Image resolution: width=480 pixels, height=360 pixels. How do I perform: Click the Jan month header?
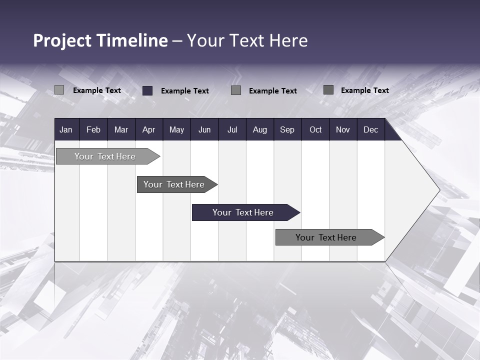tap(66, 129)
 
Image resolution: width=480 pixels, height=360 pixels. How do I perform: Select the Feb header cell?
tap(93, 129)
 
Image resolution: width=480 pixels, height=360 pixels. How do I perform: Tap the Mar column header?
tap(121, 129)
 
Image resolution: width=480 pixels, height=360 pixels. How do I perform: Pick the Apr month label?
tap(148, 129)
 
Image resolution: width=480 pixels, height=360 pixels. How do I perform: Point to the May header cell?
tap(176, 129)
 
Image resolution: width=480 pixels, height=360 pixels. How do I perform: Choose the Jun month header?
tap(204, 129)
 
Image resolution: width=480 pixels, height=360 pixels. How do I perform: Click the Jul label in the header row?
tap(232, 129)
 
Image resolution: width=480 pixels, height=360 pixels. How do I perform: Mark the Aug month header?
tap(259, 129)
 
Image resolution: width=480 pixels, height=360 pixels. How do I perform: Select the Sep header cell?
tap(287, 129)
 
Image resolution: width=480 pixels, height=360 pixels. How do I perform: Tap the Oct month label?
tap(315, 129)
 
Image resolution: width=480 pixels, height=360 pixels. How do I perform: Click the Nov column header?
tap(343, 129)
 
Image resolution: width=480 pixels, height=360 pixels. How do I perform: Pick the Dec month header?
tap(370, 129)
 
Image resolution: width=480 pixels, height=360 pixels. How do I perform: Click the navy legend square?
tap(147, 90)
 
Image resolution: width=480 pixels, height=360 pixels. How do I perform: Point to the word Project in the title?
tap(62, 40)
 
